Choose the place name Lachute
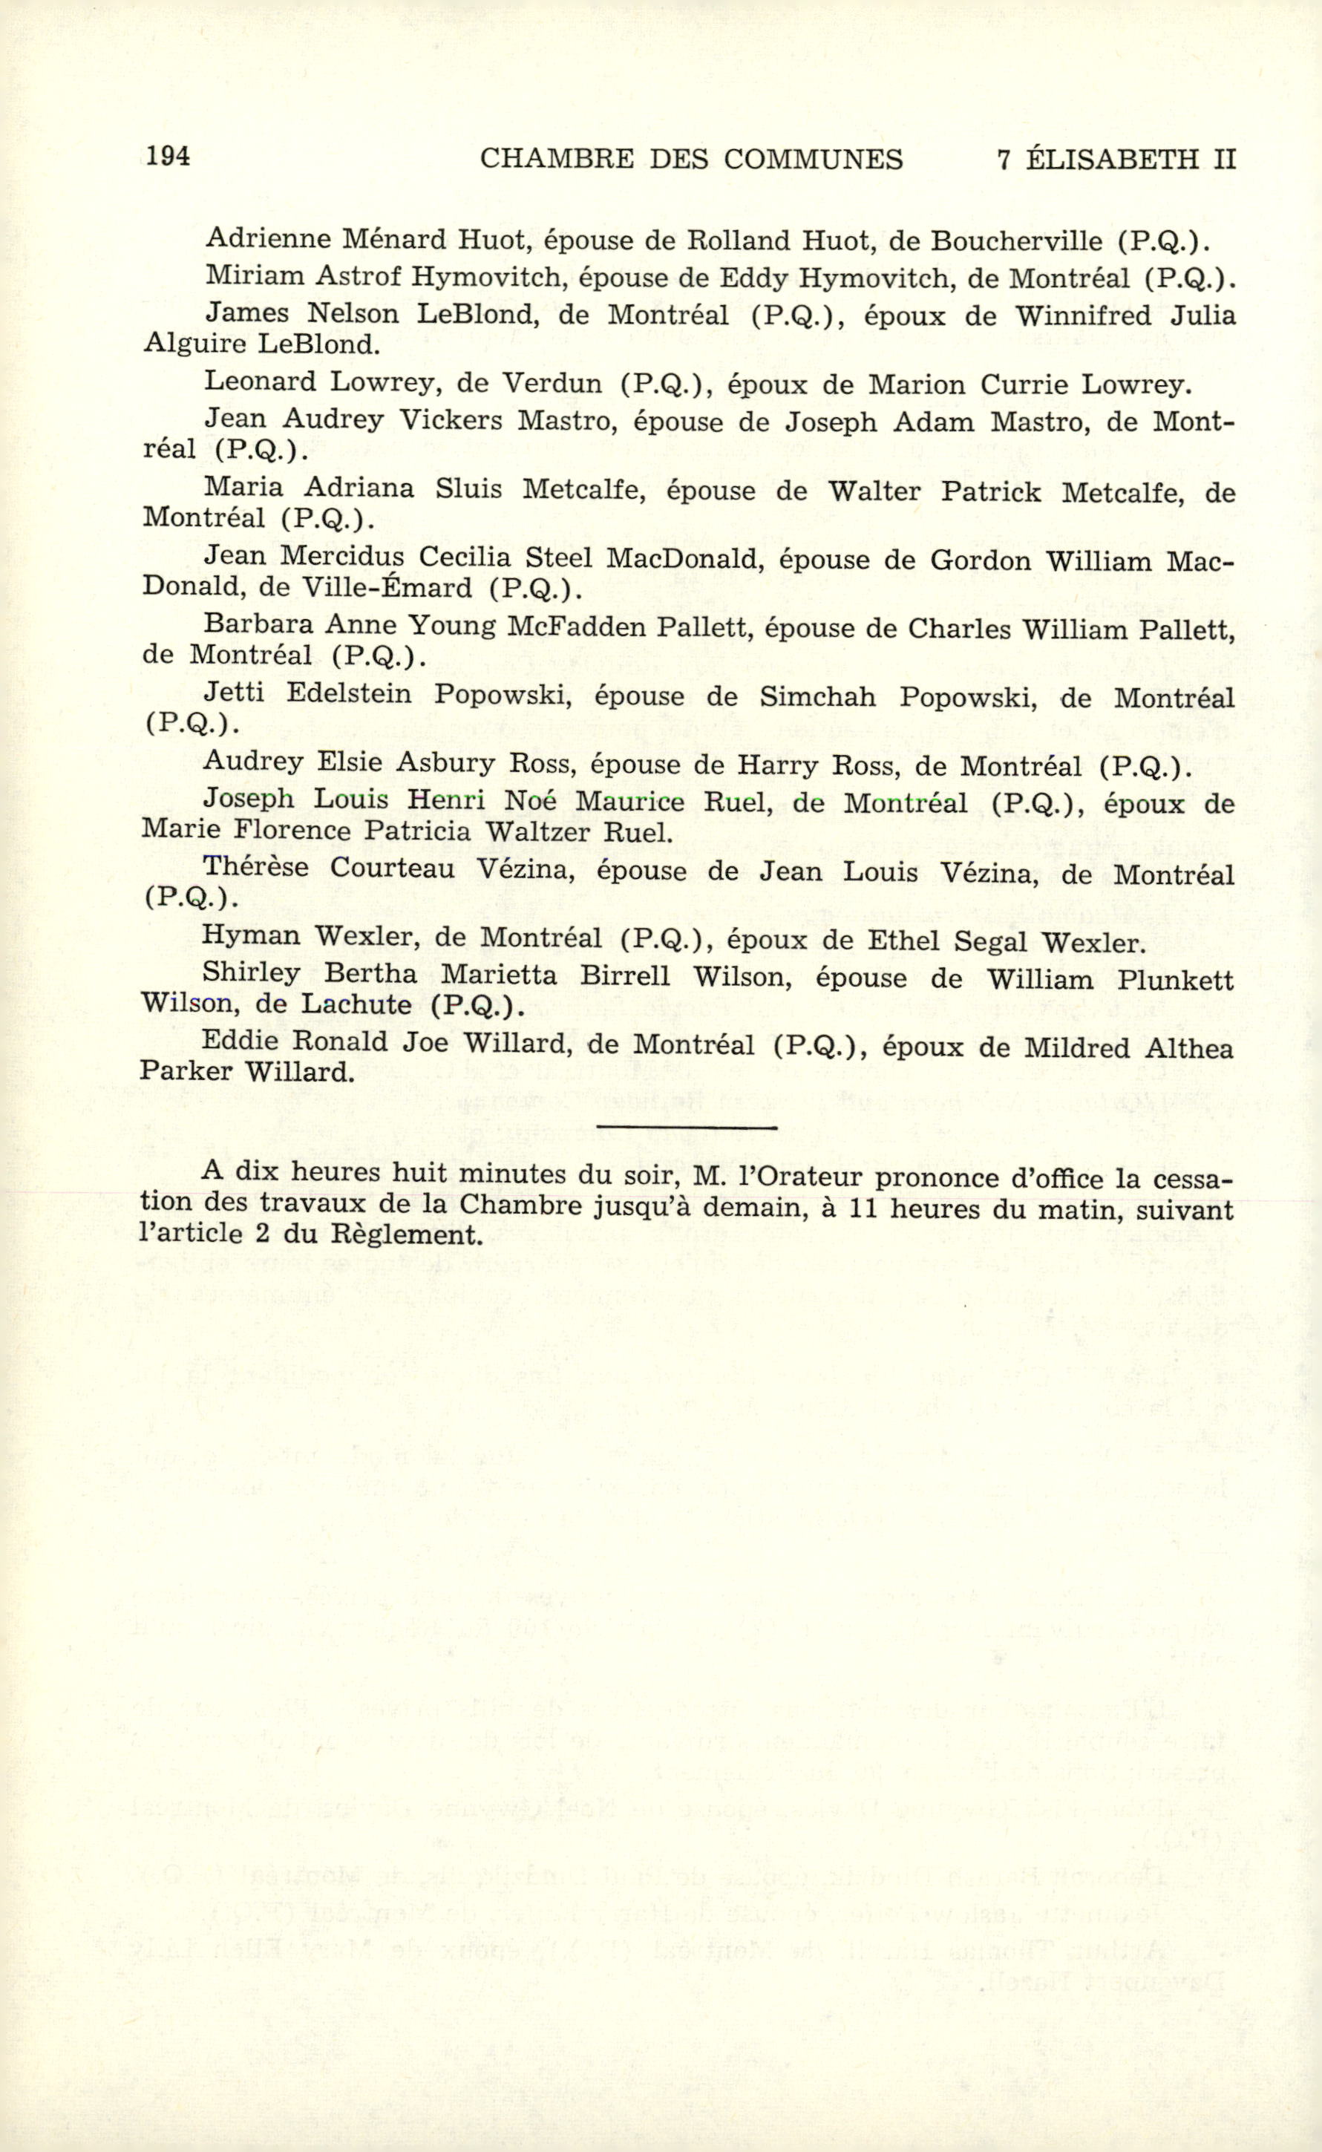click(356, 1004)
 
